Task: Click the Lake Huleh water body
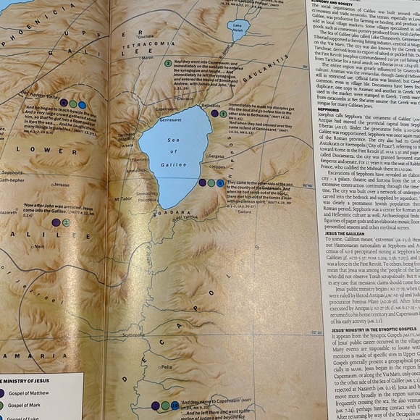[240, 30]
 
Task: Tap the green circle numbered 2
[168, 64]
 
